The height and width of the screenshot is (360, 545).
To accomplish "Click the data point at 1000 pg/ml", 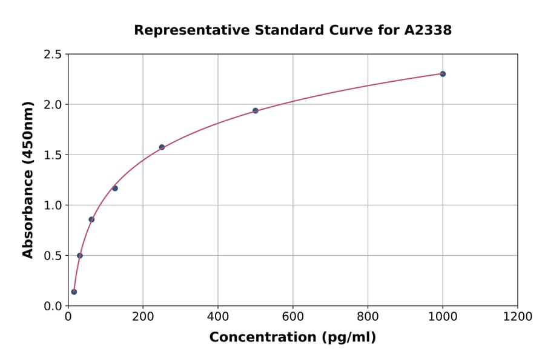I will coord(443,74).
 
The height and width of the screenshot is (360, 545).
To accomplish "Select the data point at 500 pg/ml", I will coord(256,111).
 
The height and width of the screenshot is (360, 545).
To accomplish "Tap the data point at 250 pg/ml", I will coord(162,147).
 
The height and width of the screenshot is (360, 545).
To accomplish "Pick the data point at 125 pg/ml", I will coord(115,188).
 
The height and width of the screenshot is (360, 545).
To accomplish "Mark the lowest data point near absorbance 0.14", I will coord(74,292).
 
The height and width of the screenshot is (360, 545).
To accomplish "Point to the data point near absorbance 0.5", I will coord(80,255).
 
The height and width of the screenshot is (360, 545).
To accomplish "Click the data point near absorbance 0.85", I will coord(91,219).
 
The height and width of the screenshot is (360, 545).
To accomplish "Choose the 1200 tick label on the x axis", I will coord(518,317).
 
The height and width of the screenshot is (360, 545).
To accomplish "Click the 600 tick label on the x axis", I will coord(293,317).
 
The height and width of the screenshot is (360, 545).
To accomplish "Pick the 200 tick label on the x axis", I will coord(143,317).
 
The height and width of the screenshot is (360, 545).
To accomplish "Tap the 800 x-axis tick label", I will coord(368,317).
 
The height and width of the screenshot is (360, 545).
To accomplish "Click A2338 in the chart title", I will coord(428,30).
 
